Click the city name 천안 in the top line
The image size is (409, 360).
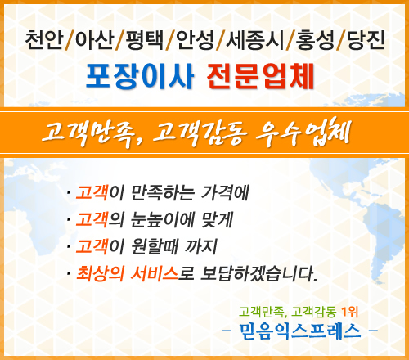[x=44, y=40]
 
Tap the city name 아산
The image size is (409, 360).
[x=94, y=40]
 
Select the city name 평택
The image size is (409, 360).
[x=144, y=40]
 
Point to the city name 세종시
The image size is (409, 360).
[x=255, y=40]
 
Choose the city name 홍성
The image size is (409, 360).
[x=315, y=40]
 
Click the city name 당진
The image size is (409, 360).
[x=366, y=40]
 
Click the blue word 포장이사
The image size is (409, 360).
[x=140, y=76]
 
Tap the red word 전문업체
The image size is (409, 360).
[x=261, y=76]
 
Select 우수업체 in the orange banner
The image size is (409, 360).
[x=303, y=133]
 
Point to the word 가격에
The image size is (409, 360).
[x=225, y=193]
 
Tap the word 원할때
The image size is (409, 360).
[x=155, y=246]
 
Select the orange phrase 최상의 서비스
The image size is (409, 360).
[x=127, y=273]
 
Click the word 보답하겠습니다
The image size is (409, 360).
[x=259, y=273]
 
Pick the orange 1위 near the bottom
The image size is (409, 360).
[x=350, y=312]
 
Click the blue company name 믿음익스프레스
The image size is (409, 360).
[x=300, y=331]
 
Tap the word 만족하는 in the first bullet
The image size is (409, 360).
[x=163, y=193]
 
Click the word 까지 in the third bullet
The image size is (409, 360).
[x=201, y=246]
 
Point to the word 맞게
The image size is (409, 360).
[x=217, y=220]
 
